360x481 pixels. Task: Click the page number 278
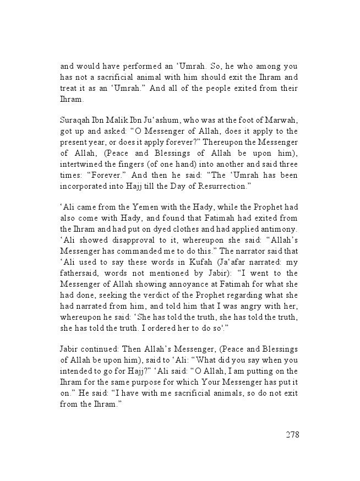tap(292, 435)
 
